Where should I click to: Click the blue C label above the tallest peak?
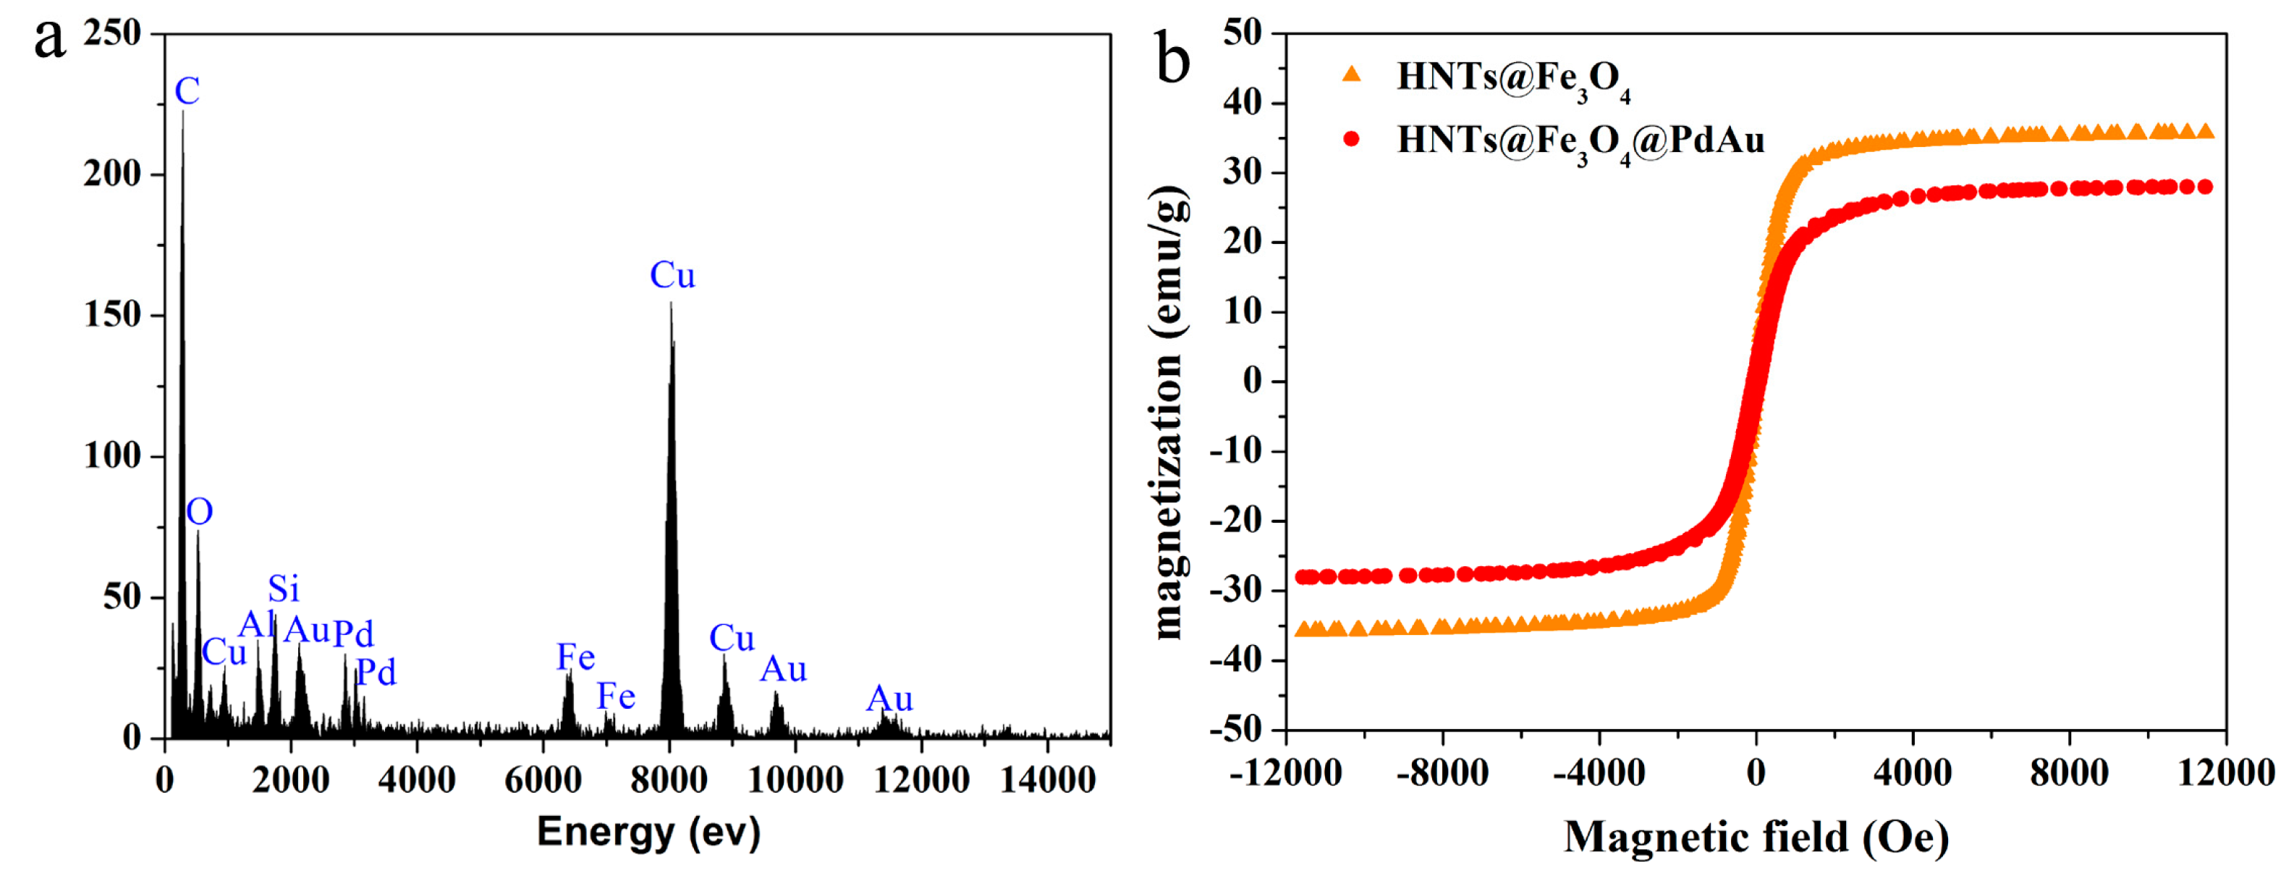pyautogui.click(x=187, y=91)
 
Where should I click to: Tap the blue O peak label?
pyautogui.click(x=200, y=512)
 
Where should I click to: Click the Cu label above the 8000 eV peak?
pyautogui.click(x=672, y=275)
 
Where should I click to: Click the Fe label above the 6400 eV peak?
pyautogui.click(x=575, y=657)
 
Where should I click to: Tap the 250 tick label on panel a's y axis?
pyautogui.click(x=112, y=33)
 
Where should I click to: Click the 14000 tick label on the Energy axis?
pyautogui.click(x=1047, y=780)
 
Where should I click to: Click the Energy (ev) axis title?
pyautogui.click(x=648, y=832)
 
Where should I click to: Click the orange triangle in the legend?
pyautogui.click(x=1352, y=75)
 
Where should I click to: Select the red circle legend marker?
pyautogui.click(x=1352, y=139)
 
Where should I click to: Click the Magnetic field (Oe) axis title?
pyautogui.click(x=1756, y=837)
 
